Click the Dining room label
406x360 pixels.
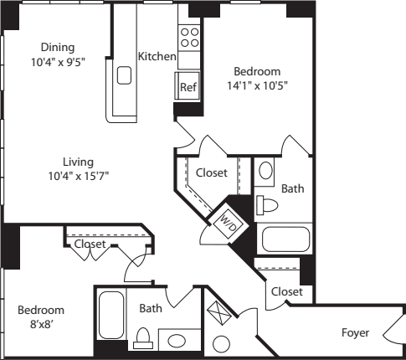[57, 47]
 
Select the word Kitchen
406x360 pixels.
[157, 57]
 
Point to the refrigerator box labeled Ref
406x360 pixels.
[186, 86]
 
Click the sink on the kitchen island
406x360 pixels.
[125, 76]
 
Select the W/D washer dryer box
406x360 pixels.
[228, 219]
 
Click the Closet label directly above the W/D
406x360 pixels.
[212, 172]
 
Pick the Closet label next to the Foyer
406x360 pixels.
[286, 291]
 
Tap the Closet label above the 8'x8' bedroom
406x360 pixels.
[90, 245]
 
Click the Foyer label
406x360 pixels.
[355, 332]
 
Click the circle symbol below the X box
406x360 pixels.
[222, 344]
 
